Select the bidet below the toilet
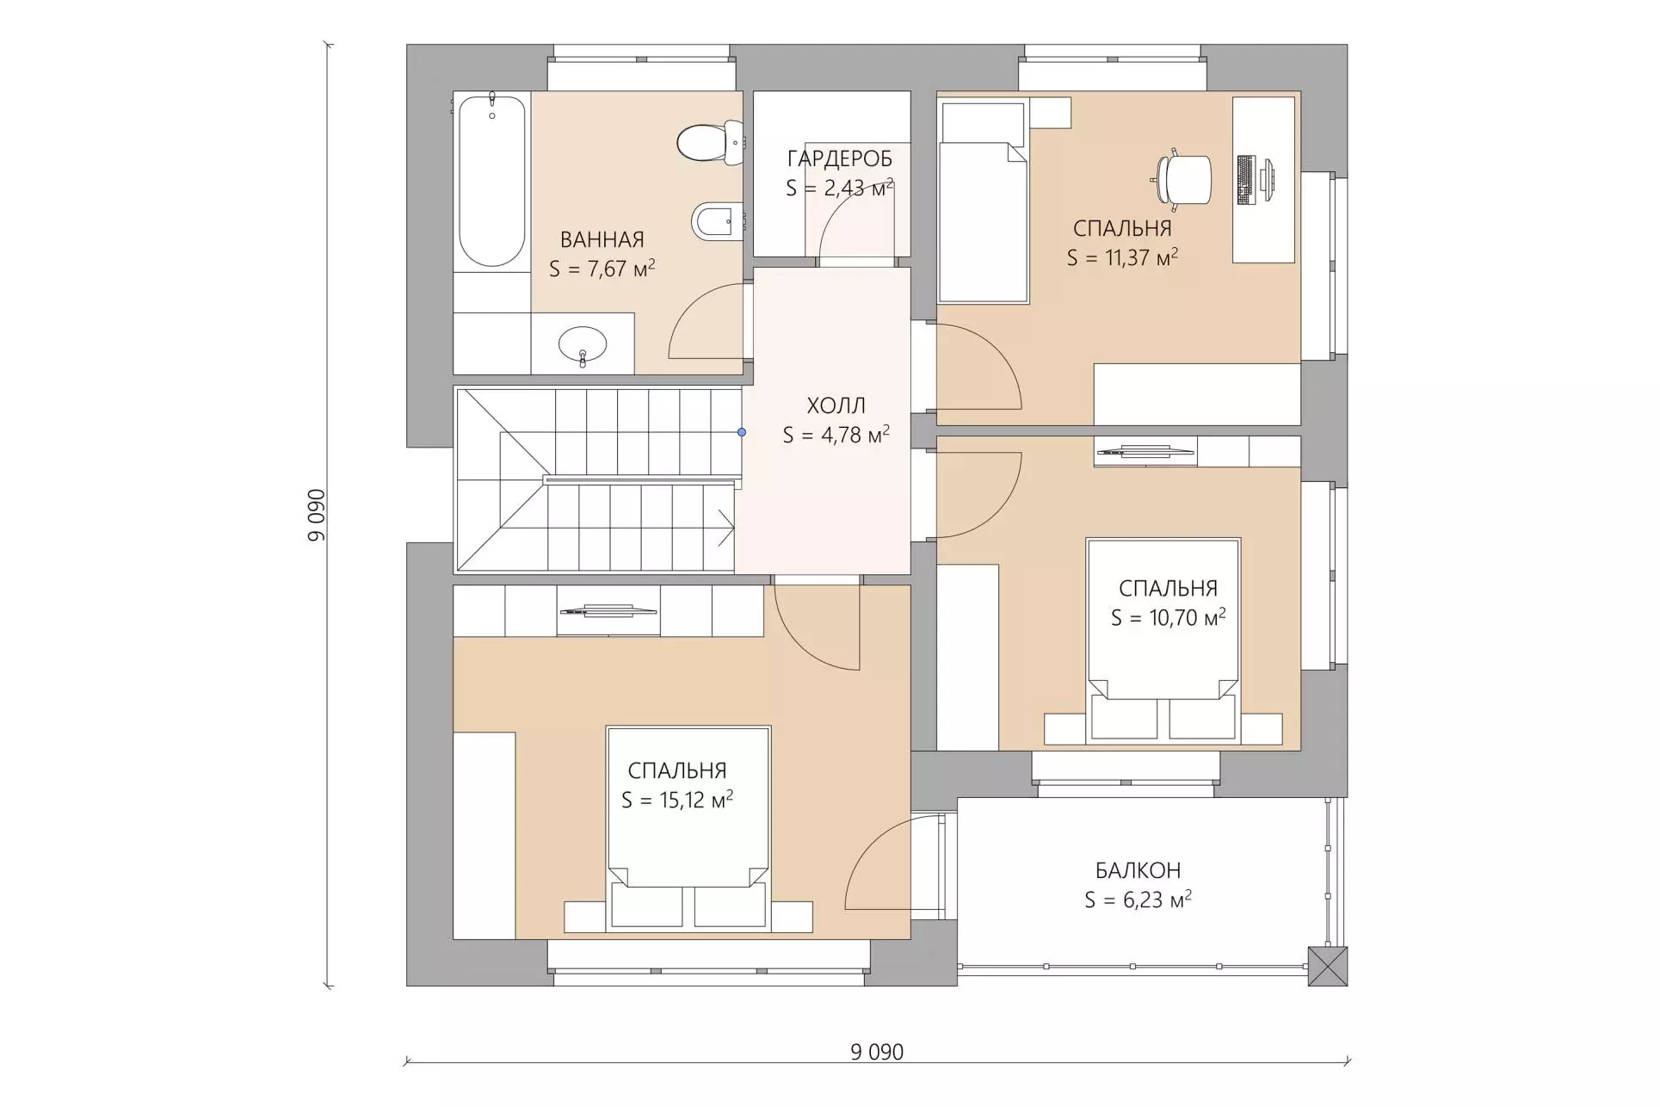click(x=717, y=222)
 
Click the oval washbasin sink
click(x=583, y=345)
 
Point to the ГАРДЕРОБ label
click(x=840, y=159)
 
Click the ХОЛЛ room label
click(x=836, y=405)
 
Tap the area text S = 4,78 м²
click(x=836, y=435)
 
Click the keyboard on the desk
click(x=1245, y=180)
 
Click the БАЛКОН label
click(x=1138, y=870)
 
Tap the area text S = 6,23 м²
click(x=1138, y=900)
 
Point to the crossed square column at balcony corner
click(x=1327, y=966)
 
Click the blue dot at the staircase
click(x=742, y=432)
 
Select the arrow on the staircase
click(x=725, y=528)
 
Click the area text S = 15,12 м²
click(x=677, y=800)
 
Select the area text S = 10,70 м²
click(x=1168, y=617)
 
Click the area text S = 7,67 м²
click(x=602, y=269)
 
